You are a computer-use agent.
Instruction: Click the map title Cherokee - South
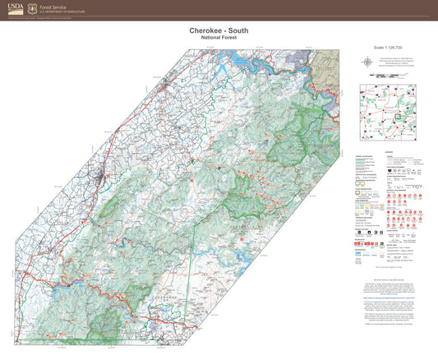tap(219, 31)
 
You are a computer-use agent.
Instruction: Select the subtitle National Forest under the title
tap(219, 39)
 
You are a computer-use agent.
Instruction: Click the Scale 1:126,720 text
tap(390, 48)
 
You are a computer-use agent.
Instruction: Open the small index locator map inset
tap(390, 112)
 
